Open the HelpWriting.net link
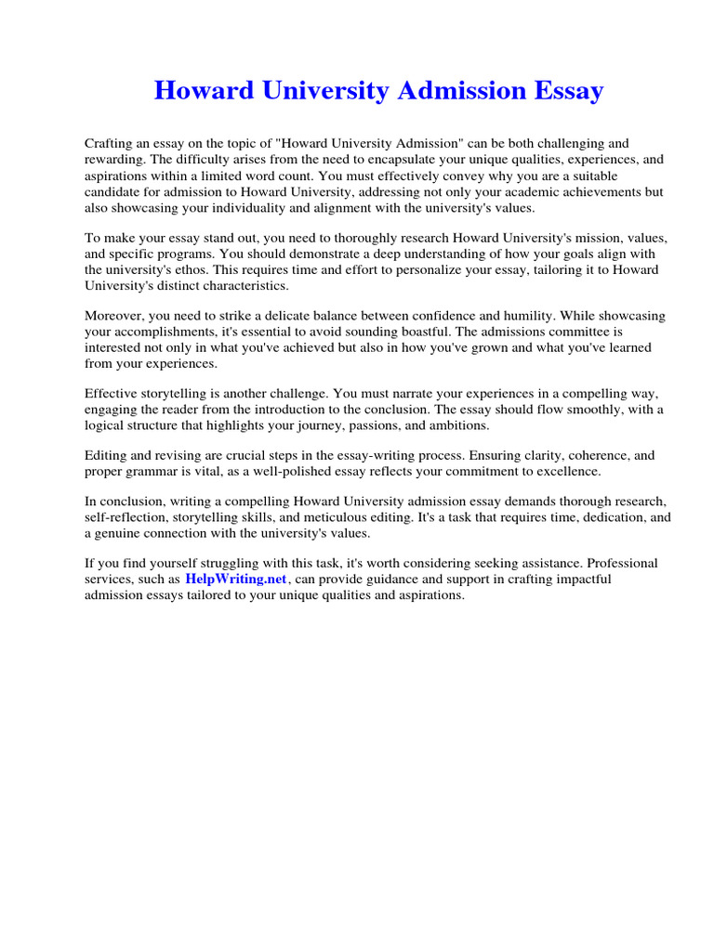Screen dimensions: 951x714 click(x=237, y=579)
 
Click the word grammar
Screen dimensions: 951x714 click(x=160, y=472)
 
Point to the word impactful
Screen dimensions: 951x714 click(x=582, y=579)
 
